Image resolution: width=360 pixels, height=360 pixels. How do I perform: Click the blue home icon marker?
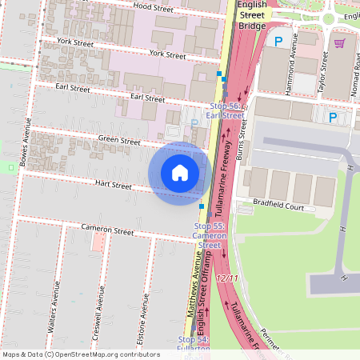[180, 172]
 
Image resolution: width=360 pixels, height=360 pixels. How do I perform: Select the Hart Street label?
[113, 185]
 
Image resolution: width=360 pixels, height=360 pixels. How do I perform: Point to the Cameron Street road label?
[107, 230]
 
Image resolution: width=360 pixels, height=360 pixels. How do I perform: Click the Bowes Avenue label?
[26, 148]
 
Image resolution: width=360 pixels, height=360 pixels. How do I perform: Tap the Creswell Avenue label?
[100, 308]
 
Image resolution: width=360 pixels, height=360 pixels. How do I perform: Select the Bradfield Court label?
[279, 206]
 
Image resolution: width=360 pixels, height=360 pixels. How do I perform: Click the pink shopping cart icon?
[339, 42]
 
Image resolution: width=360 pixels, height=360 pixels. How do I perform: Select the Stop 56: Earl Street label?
[225, 110]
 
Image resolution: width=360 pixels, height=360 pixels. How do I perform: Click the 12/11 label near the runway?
[227, 278]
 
